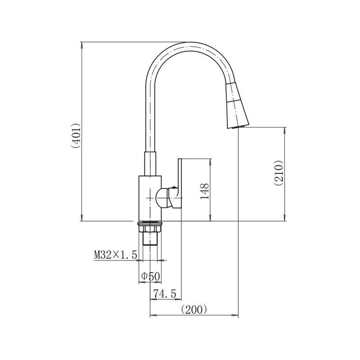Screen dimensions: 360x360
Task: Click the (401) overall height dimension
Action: tap(75, 135)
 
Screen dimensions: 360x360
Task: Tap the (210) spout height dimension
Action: tap(279, 173)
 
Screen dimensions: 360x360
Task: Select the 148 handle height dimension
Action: tap(205, 191)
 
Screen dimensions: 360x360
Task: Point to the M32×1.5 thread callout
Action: tap(116, 255)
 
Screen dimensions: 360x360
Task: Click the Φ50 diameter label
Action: tap(150, 276)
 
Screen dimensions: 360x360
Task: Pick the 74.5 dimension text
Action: tap(164, 293)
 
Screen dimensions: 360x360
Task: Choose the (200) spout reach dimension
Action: tap(194, 310)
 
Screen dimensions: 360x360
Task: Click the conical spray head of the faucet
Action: tap(236, 106)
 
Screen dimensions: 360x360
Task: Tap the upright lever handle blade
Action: tap(180, 183)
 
